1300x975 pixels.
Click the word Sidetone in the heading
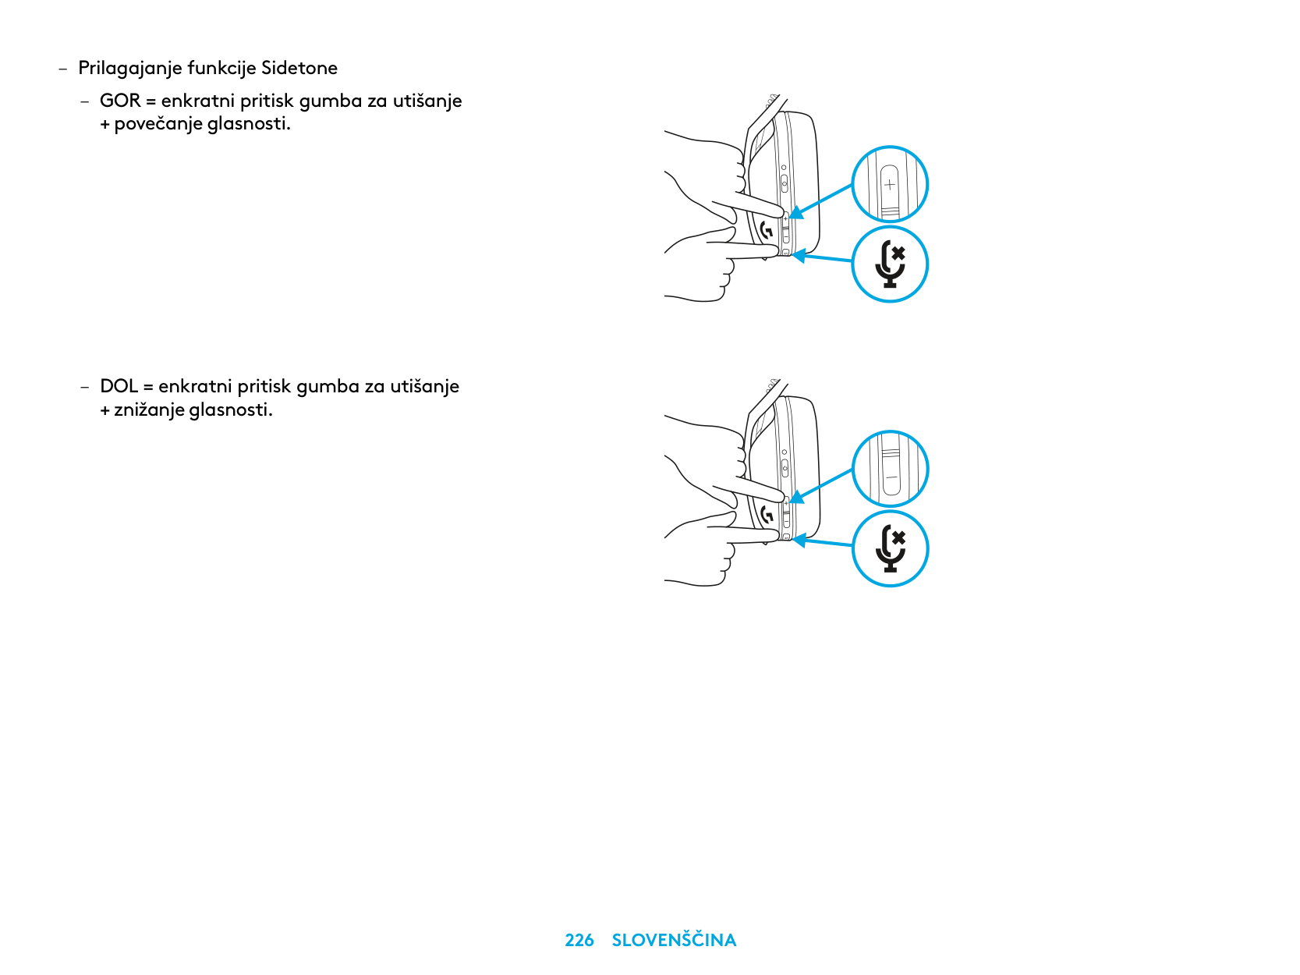click(x=299, y=68)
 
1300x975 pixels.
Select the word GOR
click(x=120, y=101)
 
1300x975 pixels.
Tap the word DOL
click(x=119, y=386)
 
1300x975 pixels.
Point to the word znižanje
click(x=149, y=410)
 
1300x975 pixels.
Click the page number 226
click(x=579, y=941)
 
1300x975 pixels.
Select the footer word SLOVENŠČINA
click(x=674, y=939)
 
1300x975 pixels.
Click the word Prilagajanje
click(x=130, y=69)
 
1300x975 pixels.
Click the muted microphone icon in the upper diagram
click(x=890, y=264)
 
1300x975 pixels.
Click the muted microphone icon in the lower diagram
click(x=890, y=548)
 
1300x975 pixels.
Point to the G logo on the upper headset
click(x=767, y=230)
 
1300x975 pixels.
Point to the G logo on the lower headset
click(x=767, y=514)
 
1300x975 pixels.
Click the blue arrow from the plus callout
click(x=820, y=201)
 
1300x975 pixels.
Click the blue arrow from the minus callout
click(x=820, y=486)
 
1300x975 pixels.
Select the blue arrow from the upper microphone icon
click(x=822, y=257)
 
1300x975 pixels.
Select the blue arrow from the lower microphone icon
click(x=822, y=542)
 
